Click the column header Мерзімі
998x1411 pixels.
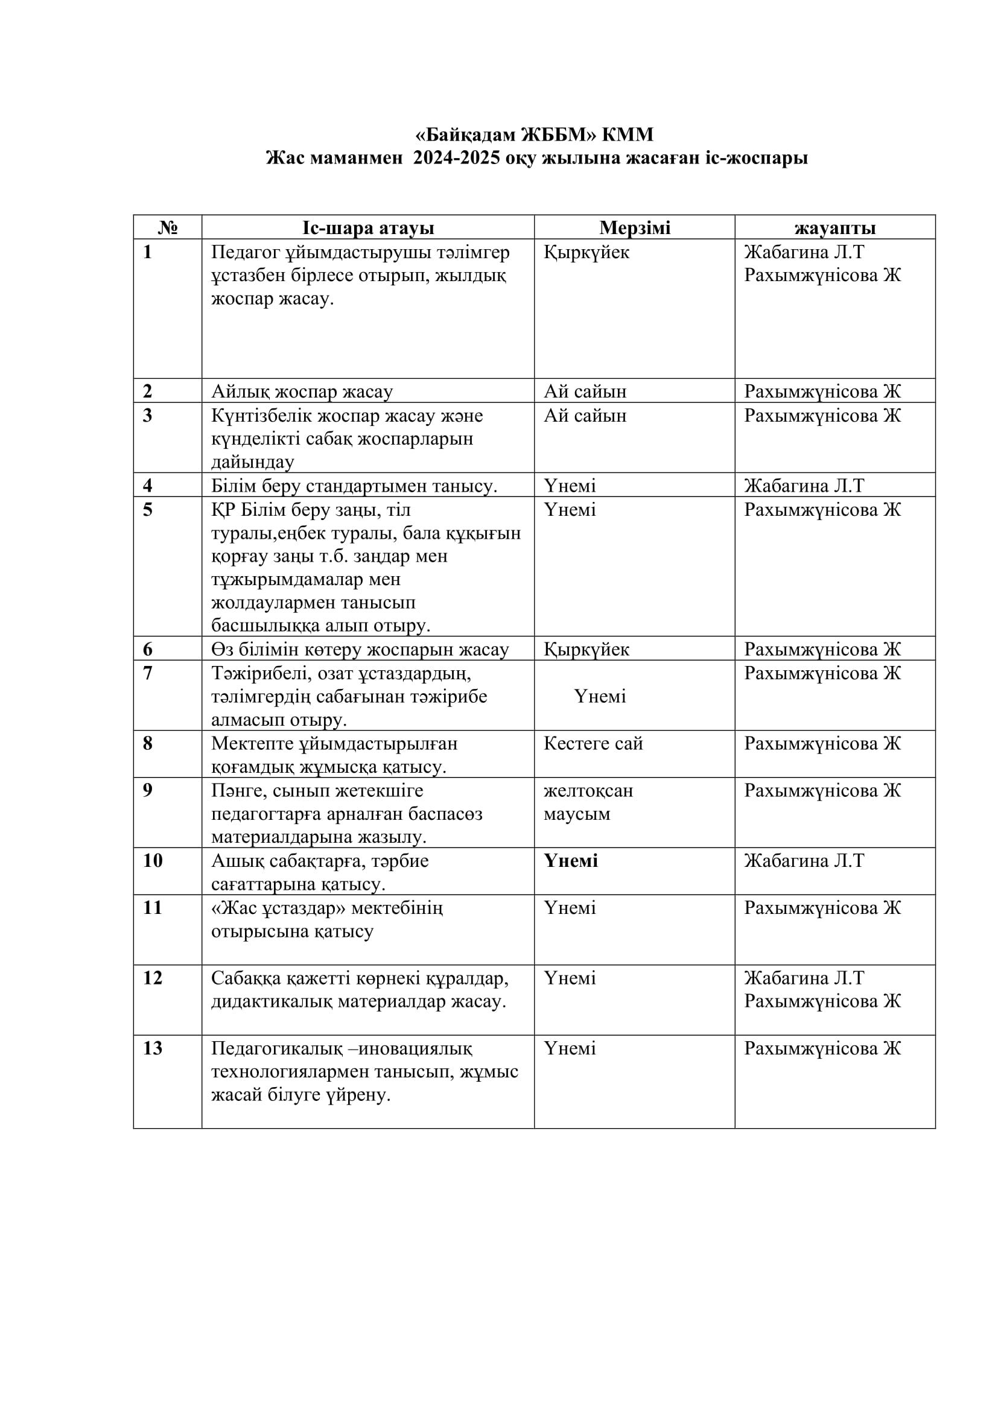coord(635,228)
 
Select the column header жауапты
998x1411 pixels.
coord(834,228)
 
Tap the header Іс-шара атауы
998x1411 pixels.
coord(368,228)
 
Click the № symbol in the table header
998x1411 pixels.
coord(168,228)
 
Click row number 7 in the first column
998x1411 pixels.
coord(147,674)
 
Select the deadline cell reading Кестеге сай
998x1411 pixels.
coord(593,744)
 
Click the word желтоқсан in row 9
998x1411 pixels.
coord(588,790)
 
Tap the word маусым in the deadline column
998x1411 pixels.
coord(577,814)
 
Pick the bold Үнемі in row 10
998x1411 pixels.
coord(570,860)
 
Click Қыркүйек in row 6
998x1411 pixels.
coord(586,650)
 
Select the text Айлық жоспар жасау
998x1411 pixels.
coord(302,392)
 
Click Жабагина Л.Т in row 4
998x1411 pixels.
coord(804,486)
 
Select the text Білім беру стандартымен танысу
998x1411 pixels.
coord(354,486)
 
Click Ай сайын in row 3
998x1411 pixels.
coord(585,416)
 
